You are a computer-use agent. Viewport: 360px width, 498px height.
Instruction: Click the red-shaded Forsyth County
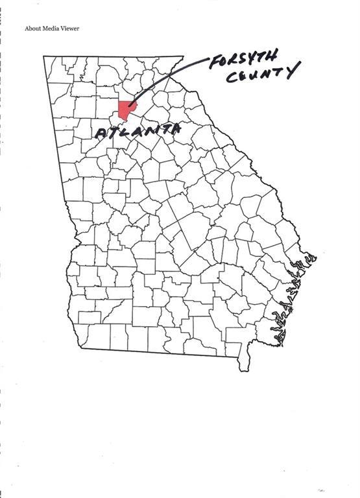click(x=126, y=110)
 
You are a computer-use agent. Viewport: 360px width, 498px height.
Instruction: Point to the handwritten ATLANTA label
click(x=138, y=131)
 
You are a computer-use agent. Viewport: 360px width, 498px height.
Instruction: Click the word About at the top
click(x=33, y=29)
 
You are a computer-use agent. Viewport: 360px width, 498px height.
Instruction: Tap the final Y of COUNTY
click(x=293, y=69)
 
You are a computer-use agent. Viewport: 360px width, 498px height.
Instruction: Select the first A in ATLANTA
click(x=102, y=134)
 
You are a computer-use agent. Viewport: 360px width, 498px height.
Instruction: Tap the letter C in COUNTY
click(x=231, y=78)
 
